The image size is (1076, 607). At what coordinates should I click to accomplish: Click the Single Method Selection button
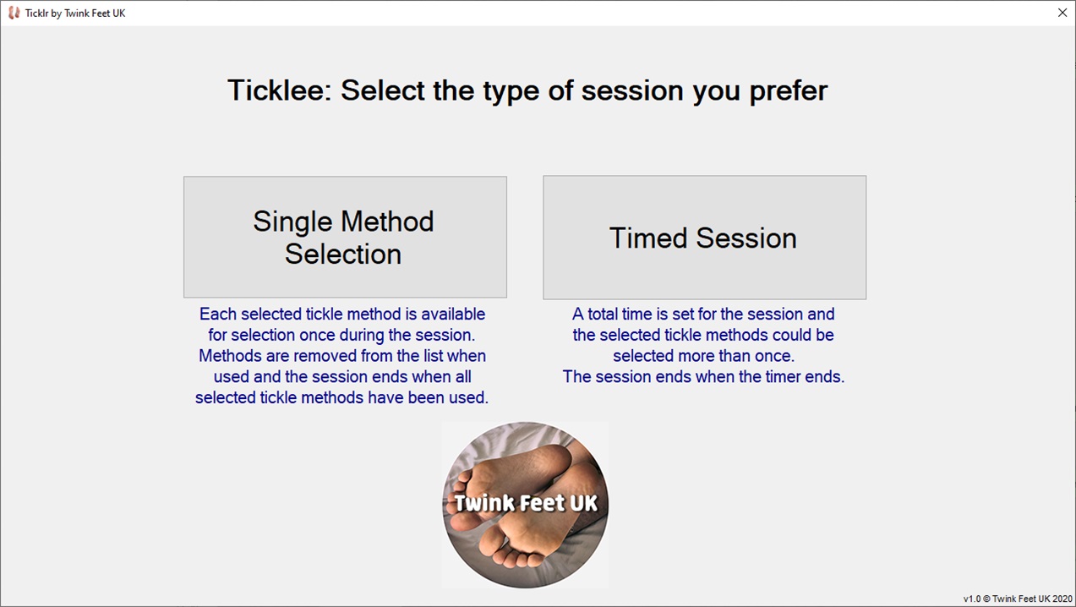tap(345, 237)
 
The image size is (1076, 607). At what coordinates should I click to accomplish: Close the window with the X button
tap(1062, 13)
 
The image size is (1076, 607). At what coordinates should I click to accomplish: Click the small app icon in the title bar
tap(14, 13)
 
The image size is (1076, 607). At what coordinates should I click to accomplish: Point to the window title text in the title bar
tap(75, 14)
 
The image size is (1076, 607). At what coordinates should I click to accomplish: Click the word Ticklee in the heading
tap(276, 90)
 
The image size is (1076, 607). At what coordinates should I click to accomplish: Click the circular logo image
tap(525, 505)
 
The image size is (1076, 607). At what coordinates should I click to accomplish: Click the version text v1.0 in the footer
tap(972, 599)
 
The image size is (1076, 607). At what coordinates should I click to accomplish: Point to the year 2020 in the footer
tap(1062, 599)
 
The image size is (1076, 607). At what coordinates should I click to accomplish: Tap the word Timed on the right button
tap(647, 238)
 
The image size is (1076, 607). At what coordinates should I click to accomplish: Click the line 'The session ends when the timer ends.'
tap(703, 377)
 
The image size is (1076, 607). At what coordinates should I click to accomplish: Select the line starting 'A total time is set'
tap(703, 314)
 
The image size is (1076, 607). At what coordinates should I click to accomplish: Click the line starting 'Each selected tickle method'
tap(342, 314)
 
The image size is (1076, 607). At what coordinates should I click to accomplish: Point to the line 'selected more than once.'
tap(703, 356)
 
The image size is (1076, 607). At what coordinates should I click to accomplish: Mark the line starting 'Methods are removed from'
tap(342, 356)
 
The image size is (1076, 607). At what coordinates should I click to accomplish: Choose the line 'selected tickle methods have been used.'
tap(342, 397)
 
